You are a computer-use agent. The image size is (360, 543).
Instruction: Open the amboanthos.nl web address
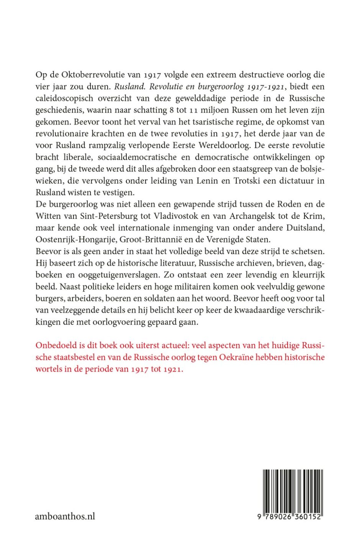pos(65,517)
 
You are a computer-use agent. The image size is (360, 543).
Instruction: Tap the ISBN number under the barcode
pos(290,517)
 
